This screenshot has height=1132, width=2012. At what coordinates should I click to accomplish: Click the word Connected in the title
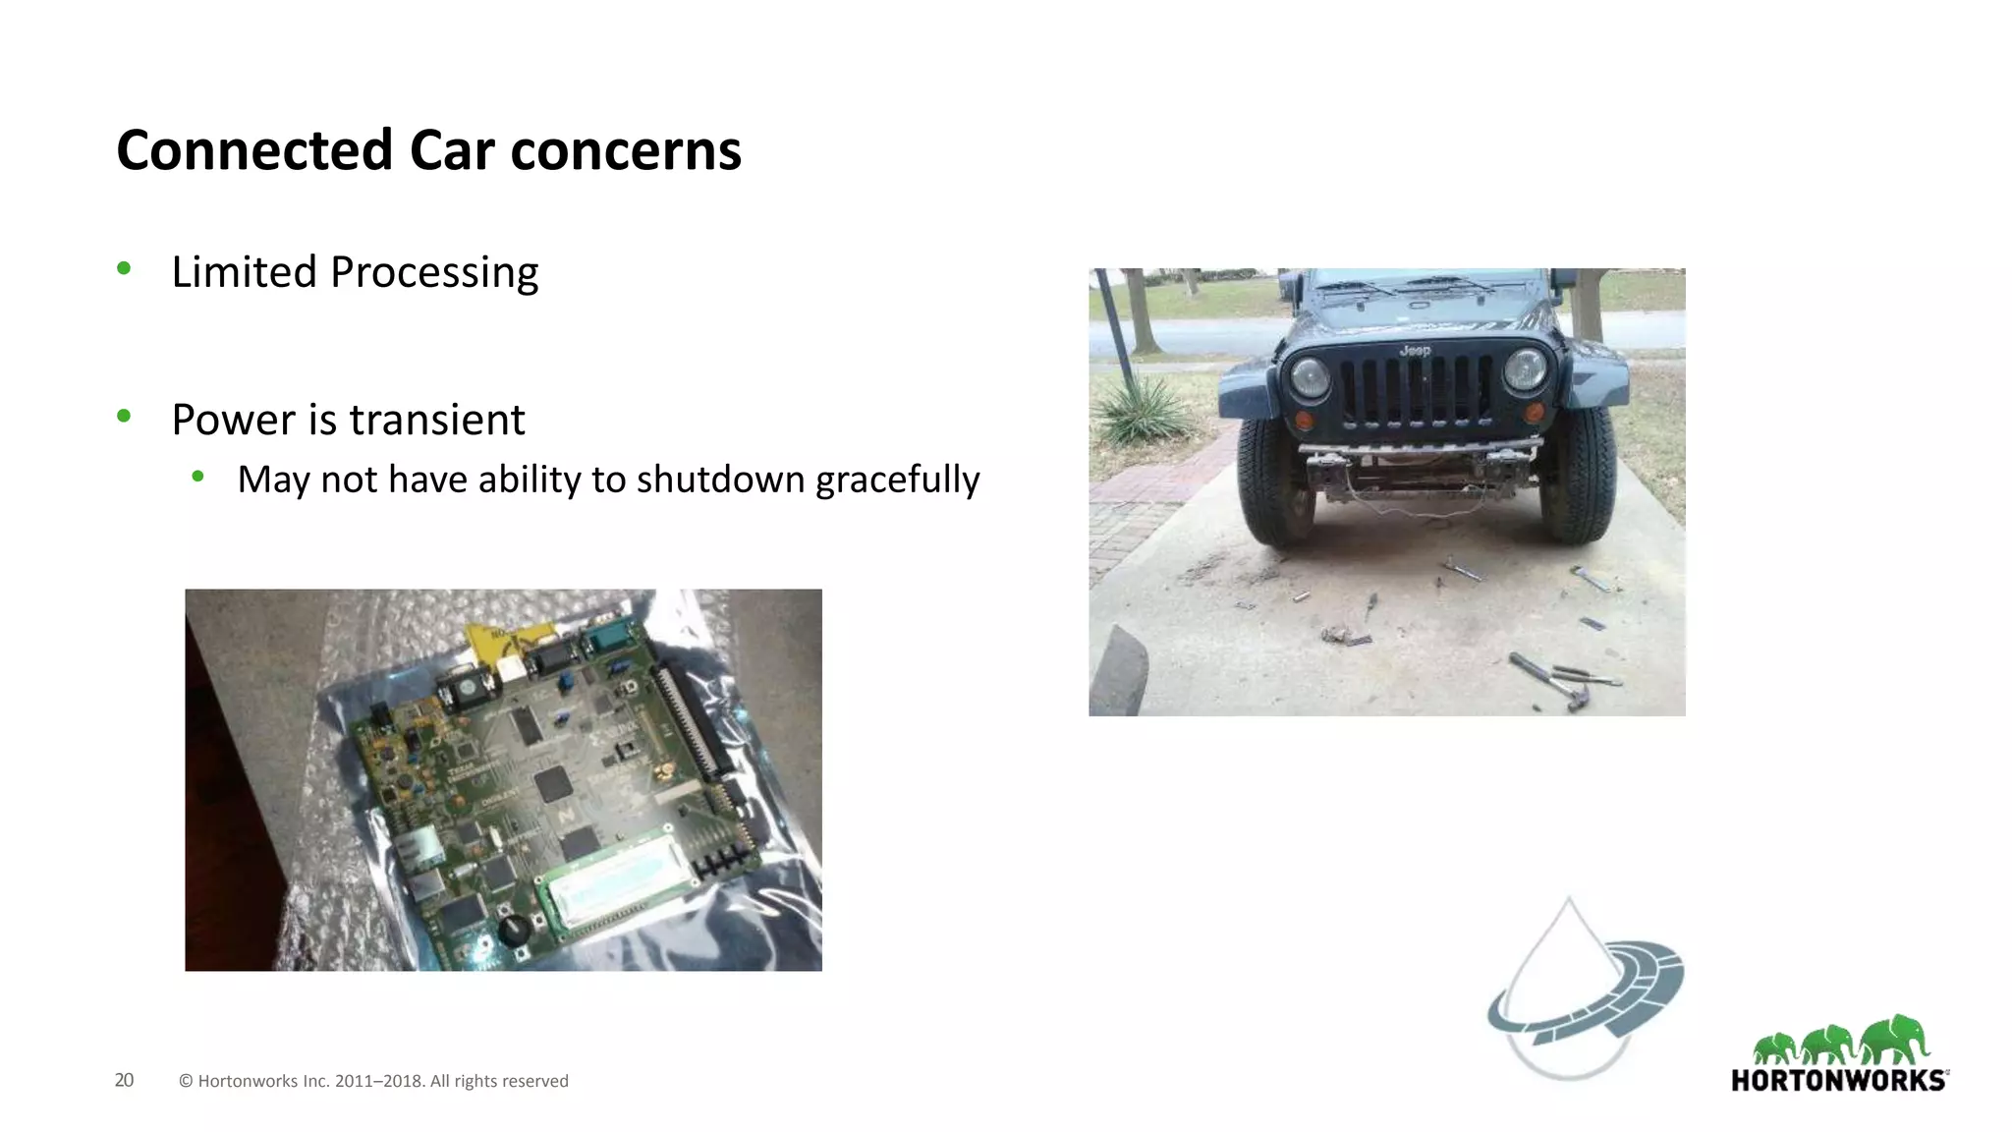pyautogui.click(x=254, y=150)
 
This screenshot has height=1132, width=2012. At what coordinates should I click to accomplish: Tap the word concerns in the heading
pyautogui.click(x=626, y=150)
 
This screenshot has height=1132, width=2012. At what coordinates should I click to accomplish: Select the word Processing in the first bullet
pyautogui.click(x=434, y=272)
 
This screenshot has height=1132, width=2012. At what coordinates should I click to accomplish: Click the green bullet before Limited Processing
pyautogui.click(x=124, y=268)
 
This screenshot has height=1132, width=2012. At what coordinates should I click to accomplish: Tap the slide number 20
pyautogui.click(x=124, y=1080)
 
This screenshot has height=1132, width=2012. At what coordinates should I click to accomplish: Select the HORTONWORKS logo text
pyautogui.click(x=1838, y=1081)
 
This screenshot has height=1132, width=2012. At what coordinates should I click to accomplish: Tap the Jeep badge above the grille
pyautogui.click(x=1415, y=351)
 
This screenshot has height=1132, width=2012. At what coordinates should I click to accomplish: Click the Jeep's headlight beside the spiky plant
pyautogui.click(x=1309, y=377)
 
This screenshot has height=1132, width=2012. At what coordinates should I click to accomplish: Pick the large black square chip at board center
pyautogui.click(x=553, y=783)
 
